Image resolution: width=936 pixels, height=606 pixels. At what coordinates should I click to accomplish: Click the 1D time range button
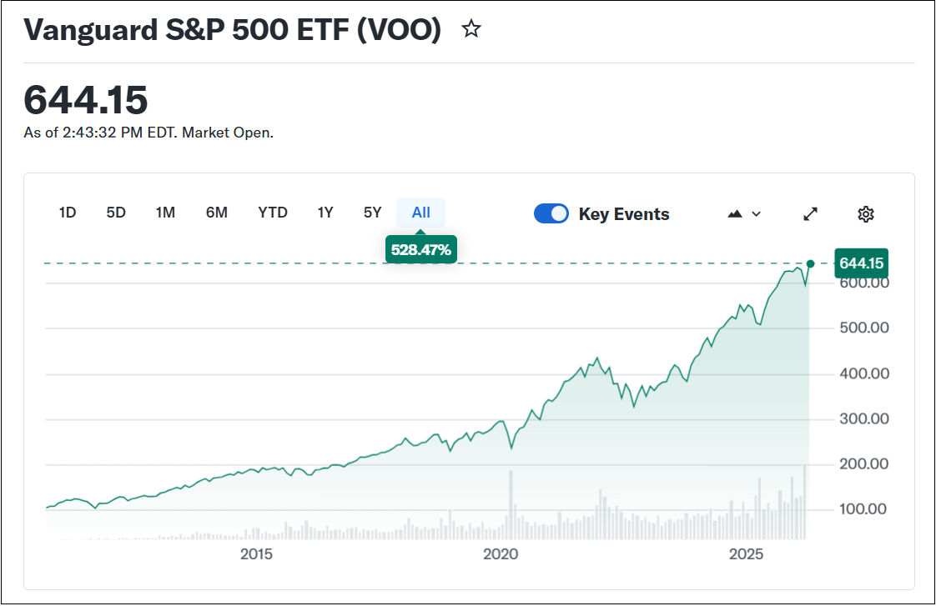(x=68, y=213)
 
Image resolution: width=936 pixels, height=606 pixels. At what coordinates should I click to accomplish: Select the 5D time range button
(x=116, y=213)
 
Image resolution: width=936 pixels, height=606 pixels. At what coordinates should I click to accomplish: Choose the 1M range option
(x=165, y=213)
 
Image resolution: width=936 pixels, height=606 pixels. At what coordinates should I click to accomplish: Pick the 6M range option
(x=217, y=213)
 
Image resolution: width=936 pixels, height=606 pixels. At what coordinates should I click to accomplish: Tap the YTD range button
(x=273, y=213)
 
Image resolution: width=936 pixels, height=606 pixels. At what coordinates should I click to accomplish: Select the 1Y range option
(x=325, y=213)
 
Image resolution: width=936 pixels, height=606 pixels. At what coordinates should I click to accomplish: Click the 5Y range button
(x=372, y=213)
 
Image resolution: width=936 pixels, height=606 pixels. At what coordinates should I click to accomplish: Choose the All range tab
(x=421, y=213)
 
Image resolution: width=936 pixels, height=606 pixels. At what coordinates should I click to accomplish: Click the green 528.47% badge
(x=421, y=248)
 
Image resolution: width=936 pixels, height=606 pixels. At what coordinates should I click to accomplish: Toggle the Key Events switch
(x=551, y=214)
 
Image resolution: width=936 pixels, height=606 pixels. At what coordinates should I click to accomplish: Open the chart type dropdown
(x=744, y=214)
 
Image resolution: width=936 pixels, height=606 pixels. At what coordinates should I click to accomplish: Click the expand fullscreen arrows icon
(x=810, y=214)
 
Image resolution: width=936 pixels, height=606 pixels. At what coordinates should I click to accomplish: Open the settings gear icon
(x=866, y=214)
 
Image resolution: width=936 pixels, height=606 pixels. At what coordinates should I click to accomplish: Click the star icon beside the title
(x=471, y=30)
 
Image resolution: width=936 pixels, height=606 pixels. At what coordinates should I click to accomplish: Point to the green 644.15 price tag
(x=861, y=263)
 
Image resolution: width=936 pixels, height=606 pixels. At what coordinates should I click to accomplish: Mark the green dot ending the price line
(x=810, y=263)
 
